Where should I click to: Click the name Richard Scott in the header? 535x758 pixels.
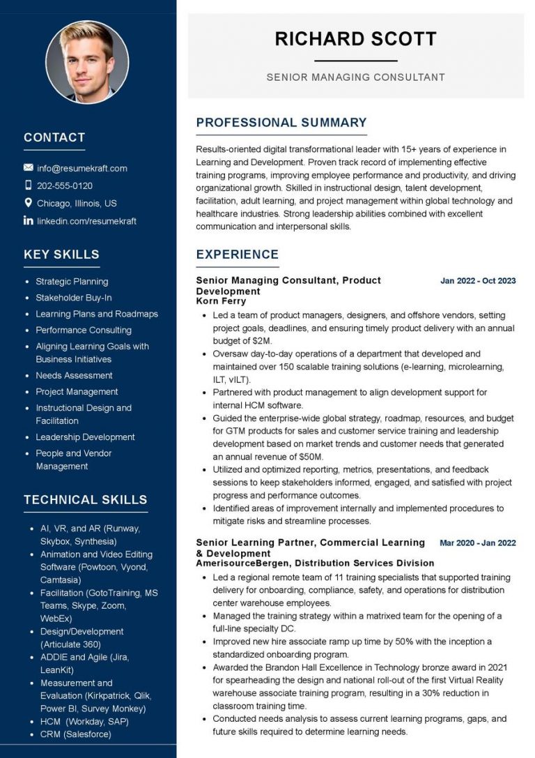355,38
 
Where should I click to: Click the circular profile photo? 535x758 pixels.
87,62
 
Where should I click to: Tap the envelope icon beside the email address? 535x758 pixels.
29,168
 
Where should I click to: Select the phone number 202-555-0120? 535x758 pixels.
65,185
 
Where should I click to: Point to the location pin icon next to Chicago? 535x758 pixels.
29,203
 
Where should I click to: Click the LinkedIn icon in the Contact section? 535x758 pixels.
29,221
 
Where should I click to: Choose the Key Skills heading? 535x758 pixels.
61,255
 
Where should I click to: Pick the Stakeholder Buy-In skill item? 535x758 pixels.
74,298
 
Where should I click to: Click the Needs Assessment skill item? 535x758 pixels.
74,375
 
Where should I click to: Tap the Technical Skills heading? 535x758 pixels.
85,499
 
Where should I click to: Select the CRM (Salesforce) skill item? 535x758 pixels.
75,734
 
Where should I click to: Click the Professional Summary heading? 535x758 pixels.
281,123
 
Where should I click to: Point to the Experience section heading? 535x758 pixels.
237,255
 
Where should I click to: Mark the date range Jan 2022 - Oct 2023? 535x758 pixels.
478,281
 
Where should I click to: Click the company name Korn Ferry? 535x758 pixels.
221,301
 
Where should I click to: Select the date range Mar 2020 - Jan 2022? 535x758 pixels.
478,543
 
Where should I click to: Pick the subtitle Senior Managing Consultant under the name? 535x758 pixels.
355,77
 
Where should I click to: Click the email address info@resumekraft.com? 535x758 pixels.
82,168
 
